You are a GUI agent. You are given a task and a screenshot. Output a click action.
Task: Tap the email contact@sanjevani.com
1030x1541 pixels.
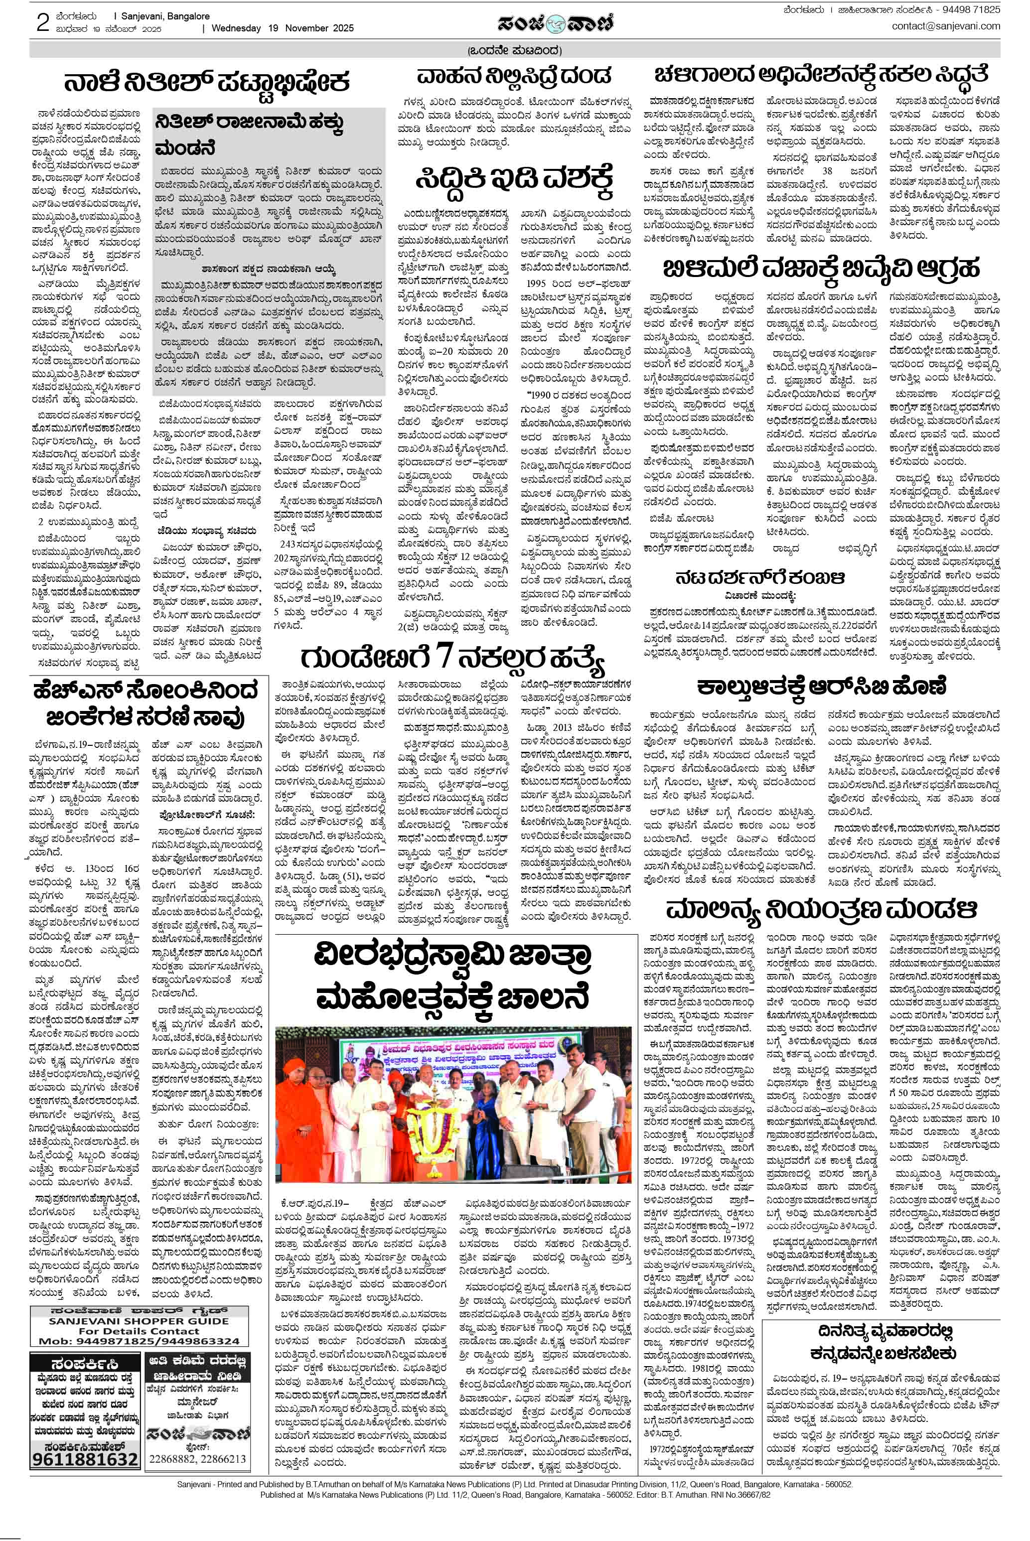coord(945,26)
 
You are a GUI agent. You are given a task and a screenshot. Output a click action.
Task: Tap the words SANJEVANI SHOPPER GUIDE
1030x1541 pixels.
coord(130,1320)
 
